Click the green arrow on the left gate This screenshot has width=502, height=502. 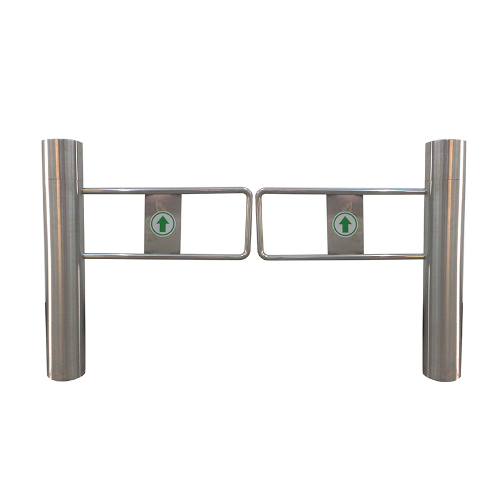click(163, 224)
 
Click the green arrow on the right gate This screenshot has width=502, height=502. click(344, 224)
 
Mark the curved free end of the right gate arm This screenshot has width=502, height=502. click(258, 223)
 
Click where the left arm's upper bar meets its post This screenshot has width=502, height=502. click(83, 190)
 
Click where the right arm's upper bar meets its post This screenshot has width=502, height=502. click(424, 190)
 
